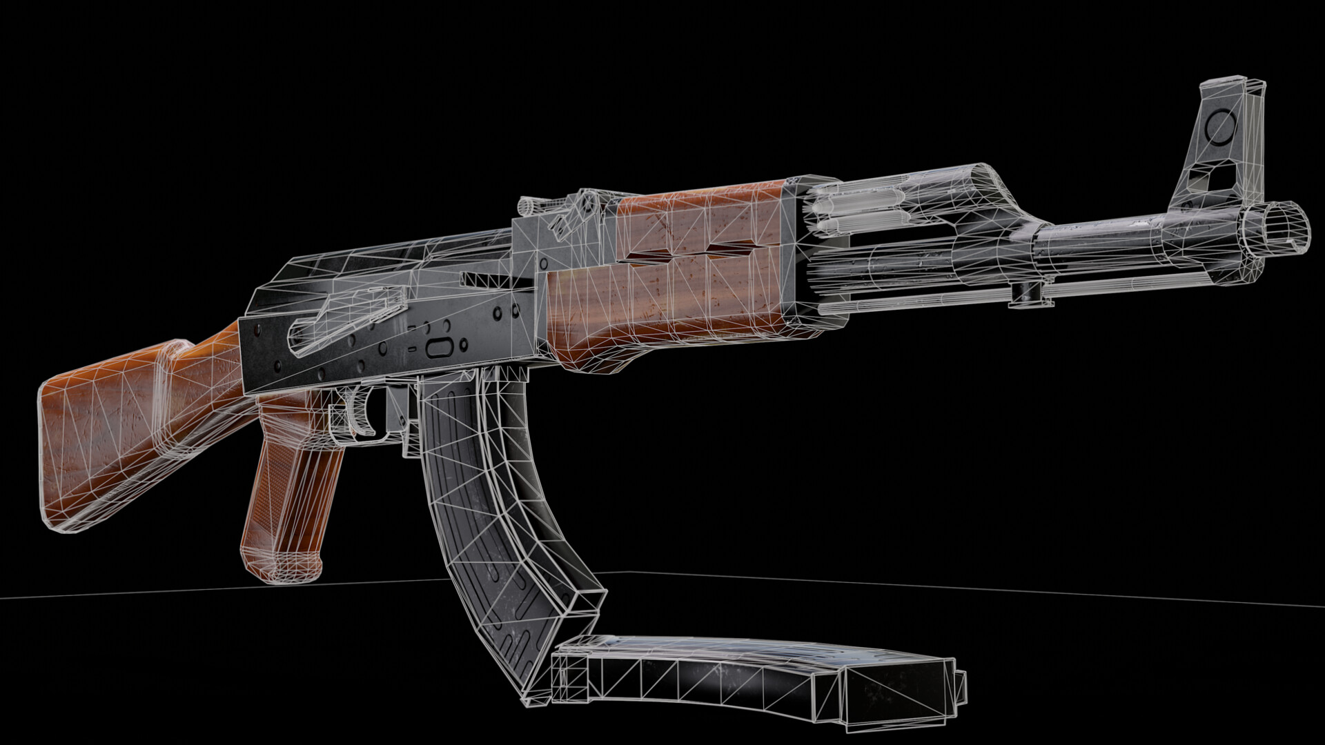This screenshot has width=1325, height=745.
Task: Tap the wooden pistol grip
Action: [290, 497]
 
